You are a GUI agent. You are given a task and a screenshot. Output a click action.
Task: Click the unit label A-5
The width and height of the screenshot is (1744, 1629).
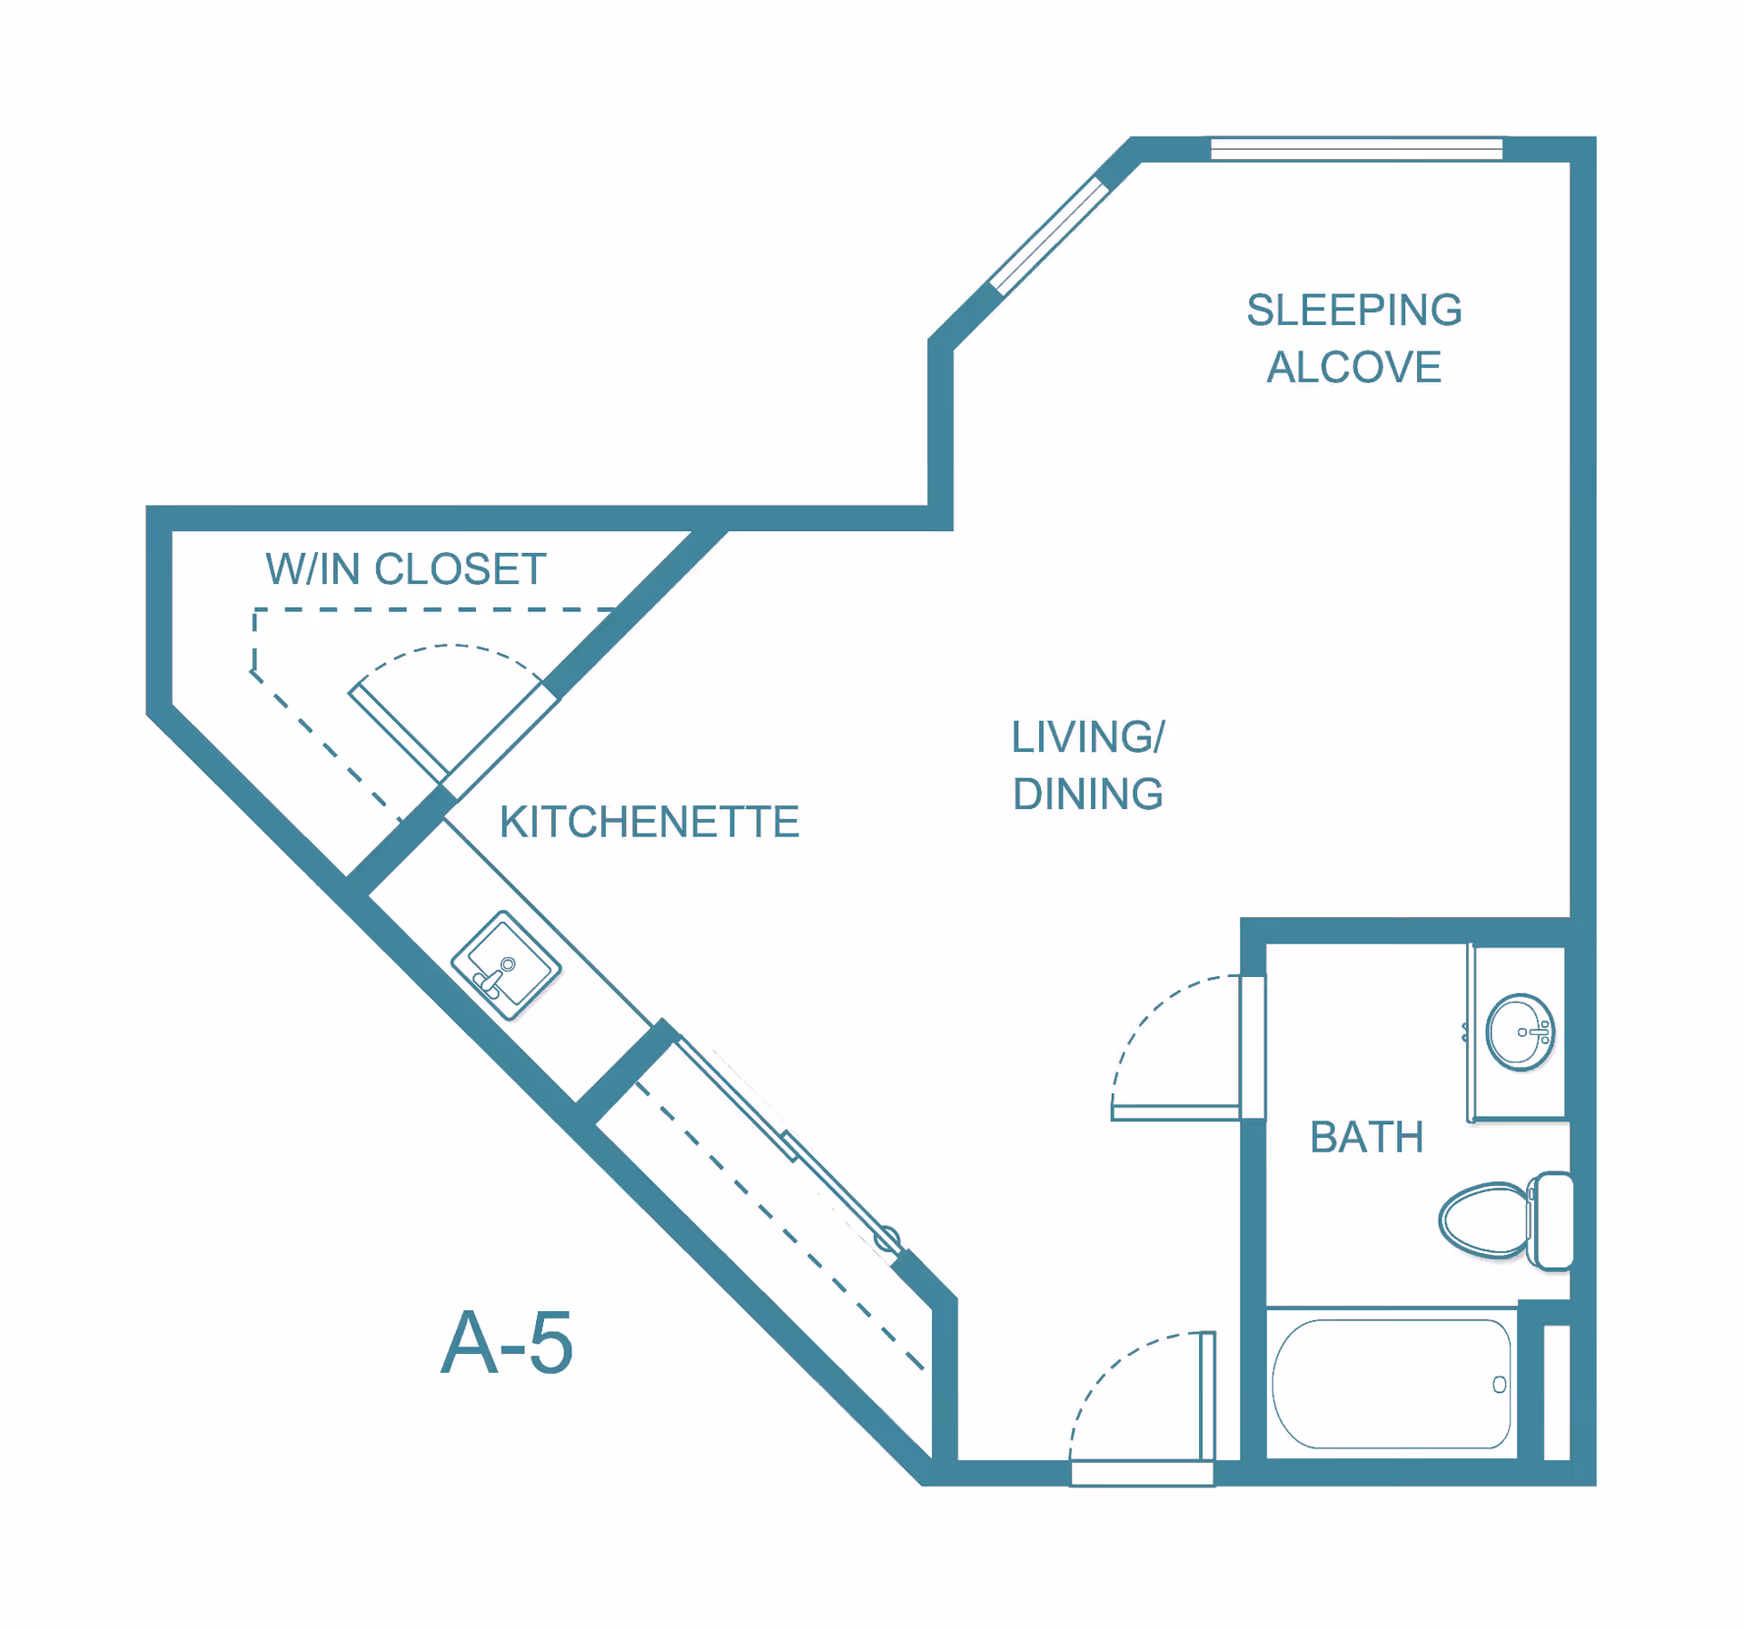click(506, 1344)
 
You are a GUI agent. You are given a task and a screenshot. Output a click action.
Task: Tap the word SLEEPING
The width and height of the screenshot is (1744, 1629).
click(1353, 310)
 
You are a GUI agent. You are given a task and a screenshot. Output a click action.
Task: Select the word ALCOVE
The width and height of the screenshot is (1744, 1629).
click(1353, 367)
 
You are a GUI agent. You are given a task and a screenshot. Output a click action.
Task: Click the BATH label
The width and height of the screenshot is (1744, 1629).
click(1366, 1137)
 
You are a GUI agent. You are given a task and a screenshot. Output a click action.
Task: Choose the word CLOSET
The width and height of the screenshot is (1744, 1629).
click(460, 569)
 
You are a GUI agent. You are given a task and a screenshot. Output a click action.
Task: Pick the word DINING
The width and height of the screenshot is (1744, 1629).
click(1087, 794)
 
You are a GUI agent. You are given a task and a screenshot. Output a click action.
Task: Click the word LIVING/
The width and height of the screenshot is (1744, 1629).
click(1087, 736)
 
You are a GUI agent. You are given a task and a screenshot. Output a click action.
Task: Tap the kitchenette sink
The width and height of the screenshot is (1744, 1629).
click(506, 965)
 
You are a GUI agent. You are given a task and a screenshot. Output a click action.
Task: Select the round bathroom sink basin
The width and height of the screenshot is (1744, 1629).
click(1520, 1032)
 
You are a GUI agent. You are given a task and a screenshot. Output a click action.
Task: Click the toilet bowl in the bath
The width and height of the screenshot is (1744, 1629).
click(1484, 1220)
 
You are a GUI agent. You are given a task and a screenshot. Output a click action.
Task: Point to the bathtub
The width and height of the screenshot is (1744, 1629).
click(1391, 1383)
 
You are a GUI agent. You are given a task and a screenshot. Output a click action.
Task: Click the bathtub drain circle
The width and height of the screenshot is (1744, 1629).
click(1499, 1384)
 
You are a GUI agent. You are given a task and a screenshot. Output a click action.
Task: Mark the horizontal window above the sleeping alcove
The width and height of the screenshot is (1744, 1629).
click(1356, 149)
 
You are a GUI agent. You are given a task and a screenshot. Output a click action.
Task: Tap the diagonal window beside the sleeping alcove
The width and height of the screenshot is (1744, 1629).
click(1049, 236)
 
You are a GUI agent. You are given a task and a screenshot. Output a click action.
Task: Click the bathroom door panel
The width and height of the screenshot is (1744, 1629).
click(1175, 1112)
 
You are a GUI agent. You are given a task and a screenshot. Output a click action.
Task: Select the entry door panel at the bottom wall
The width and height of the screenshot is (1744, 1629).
click(1207, 1396)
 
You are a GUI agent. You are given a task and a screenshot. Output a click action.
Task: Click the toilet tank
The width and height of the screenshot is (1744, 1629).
click(1552, 1220)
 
